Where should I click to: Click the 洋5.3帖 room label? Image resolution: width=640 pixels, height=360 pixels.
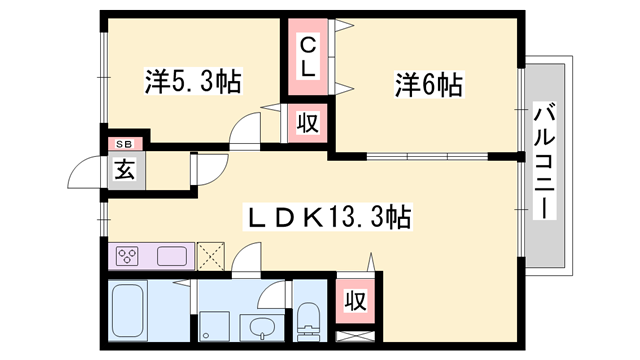[x=193, y=82]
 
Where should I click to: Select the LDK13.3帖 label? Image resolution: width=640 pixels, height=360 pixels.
[x=328, y=215]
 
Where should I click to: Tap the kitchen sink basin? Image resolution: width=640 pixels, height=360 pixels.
[x=170, y=256]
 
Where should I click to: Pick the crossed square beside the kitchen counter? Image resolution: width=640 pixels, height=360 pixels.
[x=211, y=256]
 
